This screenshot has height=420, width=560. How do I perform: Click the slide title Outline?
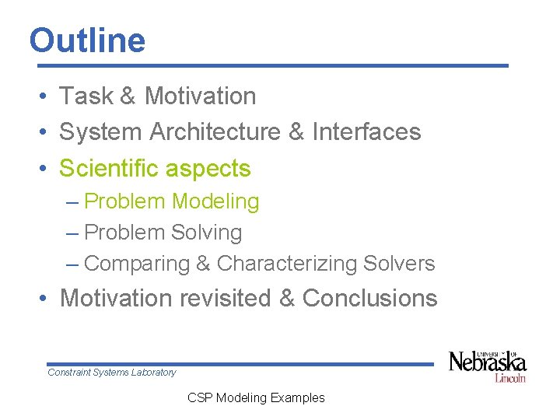[87, 40]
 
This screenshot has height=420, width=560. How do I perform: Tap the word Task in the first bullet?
[86, 96]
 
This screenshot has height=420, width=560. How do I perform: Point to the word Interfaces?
[366, 132]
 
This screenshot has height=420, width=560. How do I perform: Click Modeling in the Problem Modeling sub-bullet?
[215, 201]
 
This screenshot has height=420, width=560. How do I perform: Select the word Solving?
[207, 233]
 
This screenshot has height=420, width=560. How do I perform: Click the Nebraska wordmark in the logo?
[488, 362]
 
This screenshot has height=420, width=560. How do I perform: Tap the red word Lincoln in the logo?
[510, 378]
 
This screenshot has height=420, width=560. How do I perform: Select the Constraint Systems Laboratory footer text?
[112, 373]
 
